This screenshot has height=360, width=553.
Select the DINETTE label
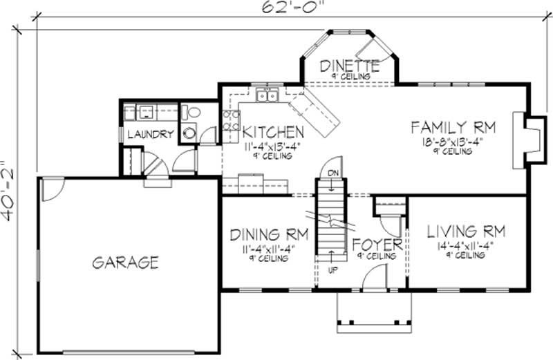tap(350, 66)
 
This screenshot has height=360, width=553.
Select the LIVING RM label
tap(465, 231)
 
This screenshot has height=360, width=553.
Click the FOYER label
tap(377, 245)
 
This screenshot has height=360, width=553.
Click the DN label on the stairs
tap(332, 173)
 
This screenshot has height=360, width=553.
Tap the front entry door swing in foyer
tap(373, 280)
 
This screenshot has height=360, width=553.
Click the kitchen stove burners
tap(230, 121)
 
